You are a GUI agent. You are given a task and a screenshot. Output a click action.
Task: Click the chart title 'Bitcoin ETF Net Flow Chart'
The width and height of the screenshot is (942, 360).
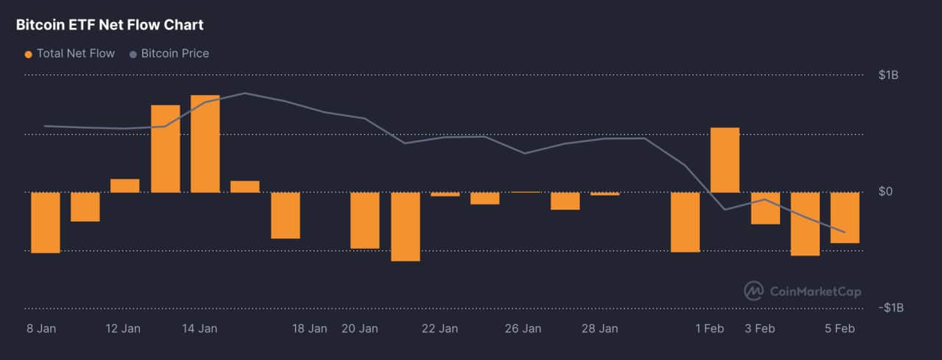[110, 25]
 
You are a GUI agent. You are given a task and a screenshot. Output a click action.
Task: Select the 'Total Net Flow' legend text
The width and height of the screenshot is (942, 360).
[76, 53]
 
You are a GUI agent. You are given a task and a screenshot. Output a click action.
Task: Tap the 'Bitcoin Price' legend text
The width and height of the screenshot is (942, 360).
[175, 53]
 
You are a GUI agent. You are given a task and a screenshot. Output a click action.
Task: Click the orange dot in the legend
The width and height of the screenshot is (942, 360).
[29, 54]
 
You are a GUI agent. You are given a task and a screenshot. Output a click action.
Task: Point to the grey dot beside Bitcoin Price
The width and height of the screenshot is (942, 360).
[133, 54]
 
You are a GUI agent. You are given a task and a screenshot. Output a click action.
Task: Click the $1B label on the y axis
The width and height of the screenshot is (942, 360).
[888, 75]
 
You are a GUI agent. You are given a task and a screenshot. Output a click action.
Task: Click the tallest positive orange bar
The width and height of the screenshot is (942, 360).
[205, 144]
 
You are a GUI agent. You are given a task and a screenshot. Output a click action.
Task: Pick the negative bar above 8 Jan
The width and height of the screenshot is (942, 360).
[45, 222]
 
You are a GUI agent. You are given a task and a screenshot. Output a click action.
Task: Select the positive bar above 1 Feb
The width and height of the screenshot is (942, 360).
[725, 160]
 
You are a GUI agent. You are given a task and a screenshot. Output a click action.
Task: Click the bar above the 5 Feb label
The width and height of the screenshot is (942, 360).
[845, 217]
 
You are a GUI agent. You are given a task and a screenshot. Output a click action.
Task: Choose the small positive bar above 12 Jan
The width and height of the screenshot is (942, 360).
[125, 186]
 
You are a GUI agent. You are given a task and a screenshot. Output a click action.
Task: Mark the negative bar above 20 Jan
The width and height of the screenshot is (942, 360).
[365, 220]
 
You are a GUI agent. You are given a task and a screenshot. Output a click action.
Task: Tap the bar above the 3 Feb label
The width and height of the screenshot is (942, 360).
[765, 208]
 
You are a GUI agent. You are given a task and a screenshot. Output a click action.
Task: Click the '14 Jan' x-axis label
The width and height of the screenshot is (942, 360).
[200, 328]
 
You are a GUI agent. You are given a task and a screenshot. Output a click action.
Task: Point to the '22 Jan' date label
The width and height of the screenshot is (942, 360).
[439, 328]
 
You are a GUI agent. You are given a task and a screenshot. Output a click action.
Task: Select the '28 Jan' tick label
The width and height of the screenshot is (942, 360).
[599, 328]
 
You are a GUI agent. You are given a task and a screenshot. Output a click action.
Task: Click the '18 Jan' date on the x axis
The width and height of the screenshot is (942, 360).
[309, 328]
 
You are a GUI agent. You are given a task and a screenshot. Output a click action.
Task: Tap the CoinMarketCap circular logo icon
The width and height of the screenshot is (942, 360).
[754, 291]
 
